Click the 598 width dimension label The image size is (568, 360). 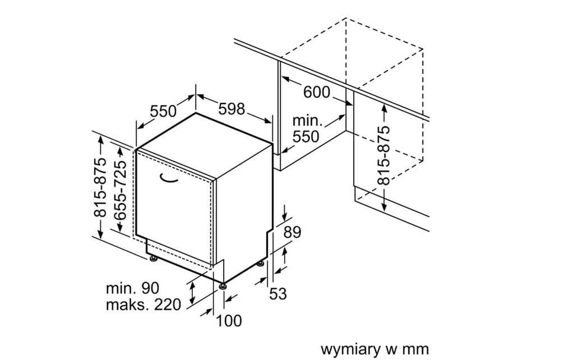point(232,109)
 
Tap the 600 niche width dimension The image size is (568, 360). point(317,92)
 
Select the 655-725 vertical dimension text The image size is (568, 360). point(120,190)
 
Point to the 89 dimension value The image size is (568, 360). point(292,232)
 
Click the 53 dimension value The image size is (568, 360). point(278,294)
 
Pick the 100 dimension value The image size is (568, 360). point(229,320)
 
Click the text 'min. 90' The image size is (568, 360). point(133,288)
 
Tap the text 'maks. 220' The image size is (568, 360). point(143,304)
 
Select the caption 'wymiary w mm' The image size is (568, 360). point(375,349)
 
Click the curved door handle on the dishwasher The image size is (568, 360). point(169,178)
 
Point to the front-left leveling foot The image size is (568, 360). point(154,259)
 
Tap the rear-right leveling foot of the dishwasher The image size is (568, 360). point(261,263)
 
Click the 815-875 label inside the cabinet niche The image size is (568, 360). point(383,156)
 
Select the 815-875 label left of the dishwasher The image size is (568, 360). point(101,188)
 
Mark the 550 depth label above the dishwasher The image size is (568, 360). point(163,111)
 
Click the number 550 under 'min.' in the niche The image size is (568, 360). point(306,137)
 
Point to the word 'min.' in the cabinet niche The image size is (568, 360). point(307,121)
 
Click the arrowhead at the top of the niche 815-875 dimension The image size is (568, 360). point(384,108)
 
